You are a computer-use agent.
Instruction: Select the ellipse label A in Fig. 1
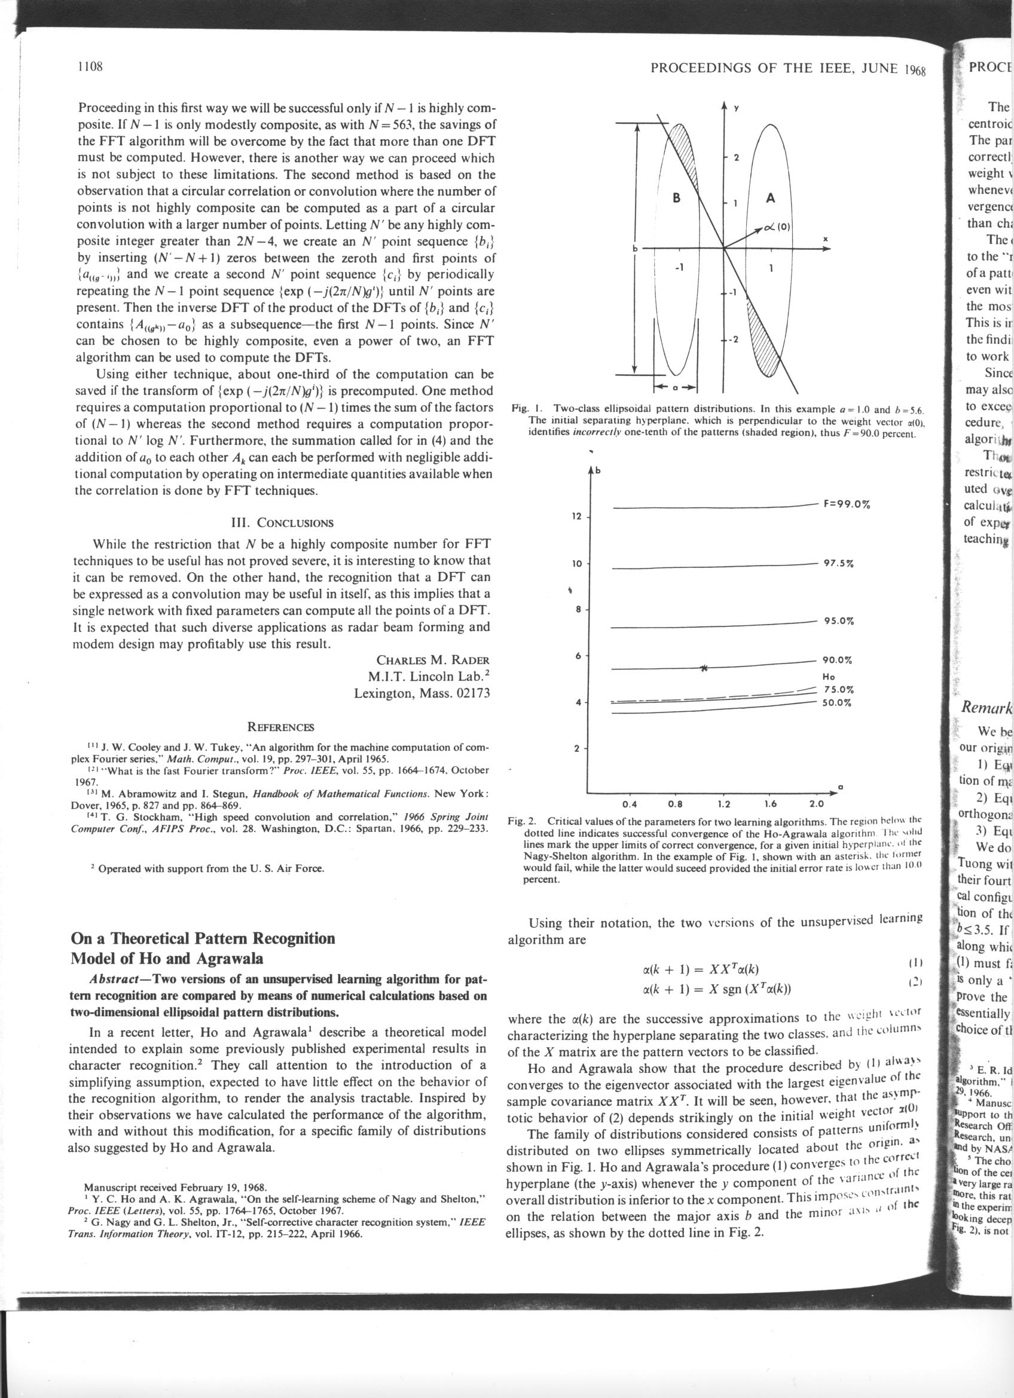tap(769, 198)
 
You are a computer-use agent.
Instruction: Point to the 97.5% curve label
tap(838, 547)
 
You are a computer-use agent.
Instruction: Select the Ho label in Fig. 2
tap(829, 676)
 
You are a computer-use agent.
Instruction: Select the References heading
tap(280, 726)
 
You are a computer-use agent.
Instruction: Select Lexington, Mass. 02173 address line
tap(422, 693)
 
